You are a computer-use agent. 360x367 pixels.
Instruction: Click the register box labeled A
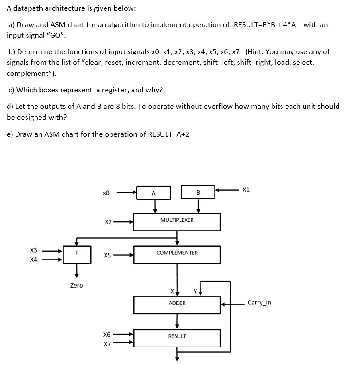point(153,193)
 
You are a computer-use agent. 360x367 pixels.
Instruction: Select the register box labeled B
point(198,193)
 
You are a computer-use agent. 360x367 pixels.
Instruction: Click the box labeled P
point(77,254)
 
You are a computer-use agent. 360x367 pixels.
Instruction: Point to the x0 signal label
point(106,193)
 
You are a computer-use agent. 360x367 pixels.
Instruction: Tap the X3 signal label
point(34,250)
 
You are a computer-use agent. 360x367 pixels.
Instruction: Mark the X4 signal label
point(34,260)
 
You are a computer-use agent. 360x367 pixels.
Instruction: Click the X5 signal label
point(107,255)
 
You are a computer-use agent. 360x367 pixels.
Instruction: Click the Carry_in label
point(259,303)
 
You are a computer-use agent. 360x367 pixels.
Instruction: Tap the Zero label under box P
point(77,285)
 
